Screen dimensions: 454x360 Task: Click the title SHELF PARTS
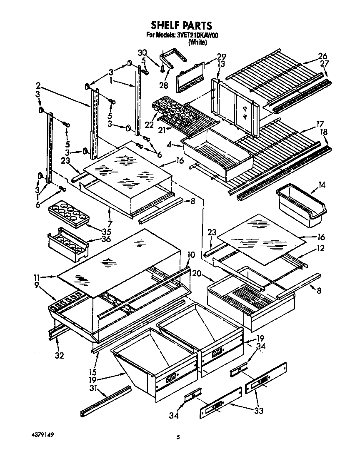coord(181,26)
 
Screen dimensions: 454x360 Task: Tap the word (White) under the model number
coord(197,42)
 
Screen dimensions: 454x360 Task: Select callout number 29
coord(221,56)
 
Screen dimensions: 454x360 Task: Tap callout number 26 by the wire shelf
coord(322,56)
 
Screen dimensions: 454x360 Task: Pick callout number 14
coord(322,184)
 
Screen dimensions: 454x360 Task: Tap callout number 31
coord(93,388)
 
